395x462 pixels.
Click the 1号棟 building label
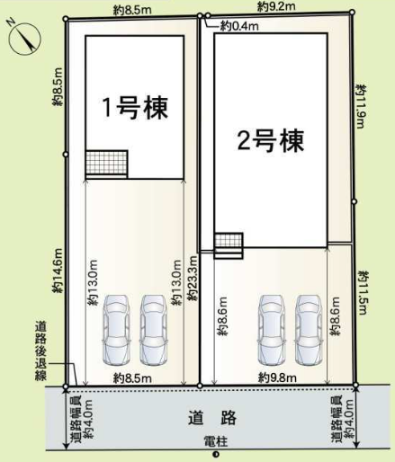click(135, 108)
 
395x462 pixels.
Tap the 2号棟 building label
click(271, 141)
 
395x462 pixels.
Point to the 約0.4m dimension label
click(239, 26)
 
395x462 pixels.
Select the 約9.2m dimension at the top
click(276, 6)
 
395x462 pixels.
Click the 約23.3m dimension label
click(193, 278)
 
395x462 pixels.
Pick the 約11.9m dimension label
click(361, 106)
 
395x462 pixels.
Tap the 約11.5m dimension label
click(363, 293)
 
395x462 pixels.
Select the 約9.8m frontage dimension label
click(277, 378)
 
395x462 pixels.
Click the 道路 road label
click(212, 418)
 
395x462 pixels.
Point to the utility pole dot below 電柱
click(215, 455)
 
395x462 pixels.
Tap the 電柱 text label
click(216, 441)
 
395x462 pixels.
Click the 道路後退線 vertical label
click(40, 351)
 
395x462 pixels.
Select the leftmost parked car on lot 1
click(116, 330)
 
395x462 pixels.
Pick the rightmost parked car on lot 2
click(309, 330)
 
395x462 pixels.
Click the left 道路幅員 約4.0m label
click(82, 419)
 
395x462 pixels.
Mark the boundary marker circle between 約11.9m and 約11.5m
click(354, 201)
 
